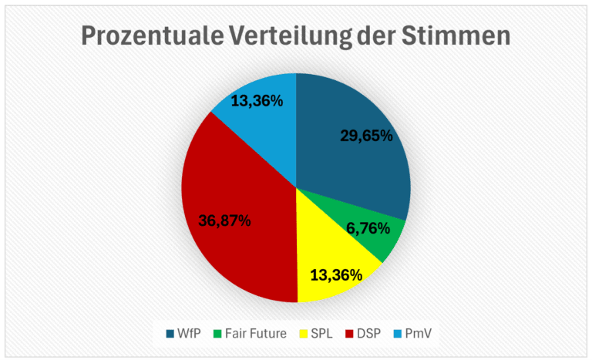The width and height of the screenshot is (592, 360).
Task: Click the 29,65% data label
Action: (x=366, y=136)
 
